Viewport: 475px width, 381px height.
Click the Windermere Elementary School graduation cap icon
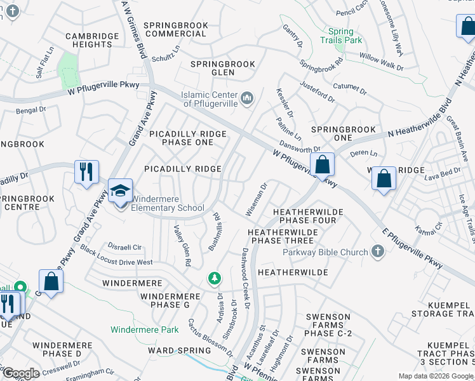tap(119, 189)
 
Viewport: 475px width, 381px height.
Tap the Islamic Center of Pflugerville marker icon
tap(247, 98)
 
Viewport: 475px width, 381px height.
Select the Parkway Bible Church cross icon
tap(377, 252)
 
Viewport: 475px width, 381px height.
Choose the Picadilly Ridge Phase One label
tap(187, 138)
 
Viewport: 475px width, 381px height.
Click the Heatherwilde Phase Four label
tap(308, 216)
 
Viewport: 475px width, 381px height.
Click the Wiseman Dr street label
tap(256, 199)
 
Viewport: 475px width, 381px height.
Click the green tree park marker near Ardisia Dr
tap(215, 278)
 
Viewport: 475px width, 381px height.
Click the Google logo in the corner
tap(20, 373)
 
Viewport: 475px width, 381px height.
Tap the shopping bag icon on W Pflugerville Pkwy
tap(323, 164)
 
